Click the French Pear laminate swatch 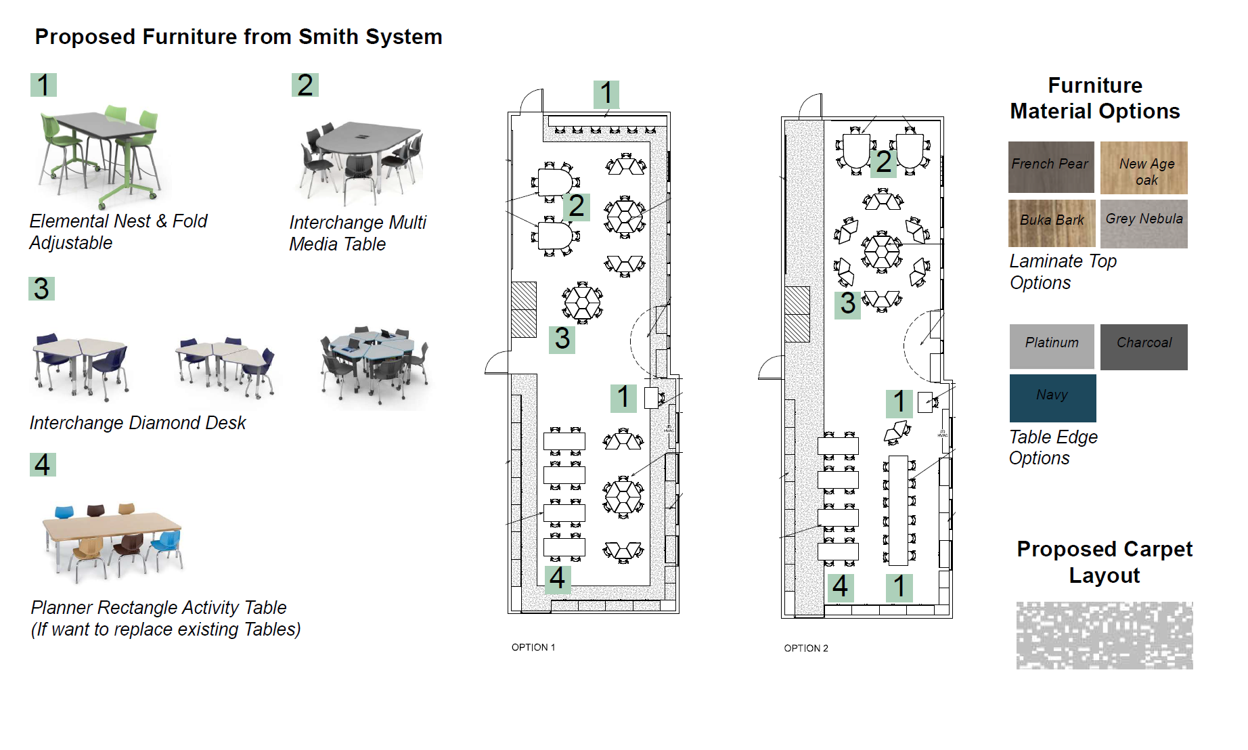pyautogui.click(x=1050, y=167)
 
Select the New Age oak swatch pyautogui.click(x=1143, y=167)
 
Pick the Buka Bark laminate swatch pyautogui.click(x=1051, y=223)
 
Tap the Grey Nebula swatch pyautogui.click(x=1143, y=223)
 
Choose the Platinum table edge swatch pyautogui.click(x=1051, y=346)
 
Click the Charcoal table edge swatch pyautogui.click(x=1143, y=346)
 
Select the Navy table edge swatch pyautogui.click(x=1052, y=397)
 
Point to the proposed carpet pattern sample pyautogui.click(x=1104, y=635)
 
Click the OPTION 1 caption pyautogui.click(x=533, y=647)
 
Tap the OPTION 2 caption pyautogui.click(x=805, y=648)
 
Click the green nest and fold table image pyautogui.click(x=102, y=156)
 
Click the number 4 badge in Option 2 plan pyautogui.click(x=840, y=586)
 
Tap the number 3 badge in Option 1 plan pyautogui.click(x=562, y=338)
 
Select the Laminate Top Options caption pyautogui.click(x=1062, y=271)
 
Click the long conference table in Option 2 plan pyautogui.click(x=898, y=511)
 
